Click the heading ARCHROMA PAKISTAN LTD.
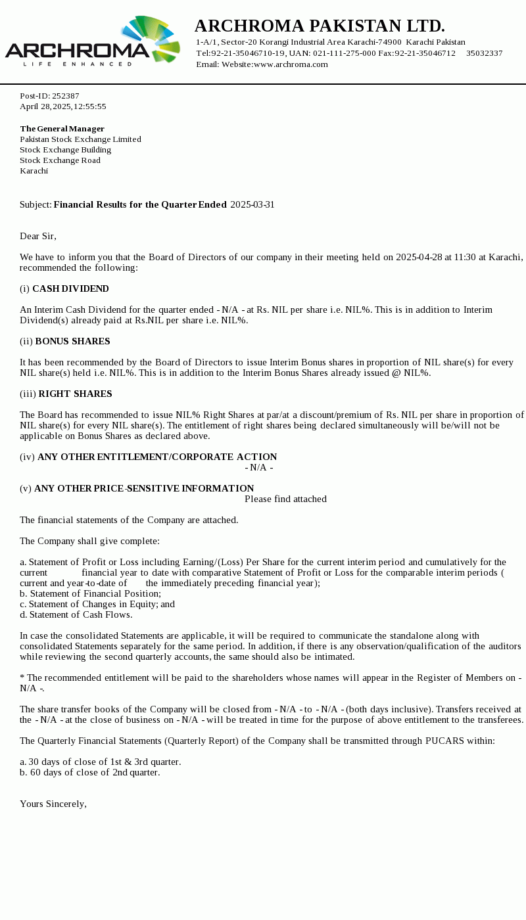320,26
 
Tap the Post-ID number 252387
66,96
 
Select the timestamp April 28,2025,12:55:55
63,106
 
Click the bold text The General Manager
62,129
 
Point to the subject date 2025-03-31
252,204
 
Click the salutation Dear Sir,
38,236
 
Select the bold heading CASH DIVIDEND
70,288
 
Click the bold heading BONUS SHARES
72,341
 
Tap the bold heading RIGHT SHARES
75,394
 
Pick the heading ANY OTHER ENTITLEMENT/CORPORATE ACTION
157,457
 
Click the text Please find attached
285,499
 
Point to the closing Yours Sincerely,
53,804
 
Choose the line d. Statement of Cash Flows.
76,614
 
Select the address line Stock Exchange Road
60,160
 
